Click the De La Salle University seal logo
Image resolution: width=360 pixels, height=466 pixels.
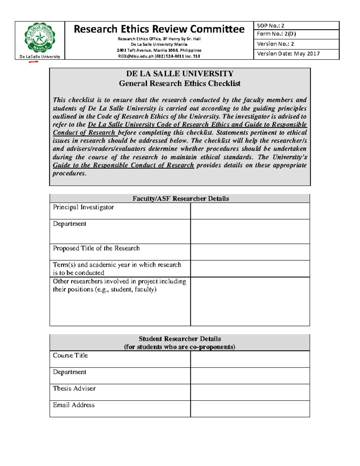tap(40, 38)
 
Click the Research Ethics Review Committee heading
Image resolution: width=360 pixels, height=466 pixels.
tap(159, 29)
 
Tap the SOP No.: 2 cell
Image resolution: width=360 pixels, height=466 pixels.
tap(296, 26)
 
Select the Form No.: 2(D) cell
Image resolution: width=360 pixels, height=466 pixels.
tap(296, 34)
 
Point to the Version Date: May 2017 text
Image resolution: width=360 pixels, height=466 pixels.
tap(288, 54)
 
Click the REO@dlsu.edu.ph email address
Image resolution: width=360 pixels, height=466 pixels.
tap(136, 56)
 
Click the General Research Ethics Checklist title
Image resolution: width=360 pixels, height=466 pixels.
tap(180, 83)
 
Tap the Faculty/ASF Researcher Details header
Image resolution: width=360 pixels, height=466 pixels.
tap(180, 198)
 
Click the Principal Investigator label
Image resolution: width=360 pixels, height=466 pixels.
tap(83, 207)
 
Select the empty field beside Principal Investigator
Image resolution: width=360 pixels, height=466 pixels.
tap(250, 211)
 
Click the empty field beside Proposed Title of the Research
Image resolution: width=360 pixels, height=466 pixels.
tap(250, 252)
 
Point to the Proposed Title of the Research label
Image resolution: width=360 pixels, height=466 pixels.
tap(96, 248)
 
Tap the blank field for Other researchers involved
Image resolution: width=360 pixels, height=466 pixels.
tap(250, 301)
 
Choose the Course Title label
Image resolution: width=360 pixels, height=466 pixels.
tap(70, 356)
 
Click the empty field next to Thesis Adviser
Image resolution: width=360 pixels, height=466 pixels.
tap(250, 392)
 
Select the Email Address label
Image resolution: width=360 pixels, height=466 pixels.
tap(74, 405)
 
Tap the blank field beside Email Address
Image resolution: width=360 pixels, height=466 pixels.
tap(250, 409)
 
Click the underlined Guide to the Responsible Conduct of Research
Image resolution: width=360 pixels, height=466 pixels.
tap(123, 165)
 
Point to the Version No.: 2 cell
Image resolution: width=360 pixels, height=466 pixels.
tap(296, 44)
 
